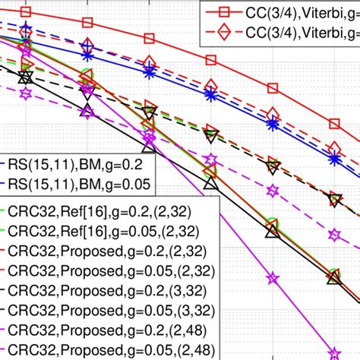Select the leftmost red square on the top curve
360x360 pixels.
coord(27,12)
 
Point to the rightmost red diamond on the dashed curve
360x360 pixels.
coord(333,147)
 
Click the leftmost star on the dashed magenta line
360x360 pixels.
coord(26,94)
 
